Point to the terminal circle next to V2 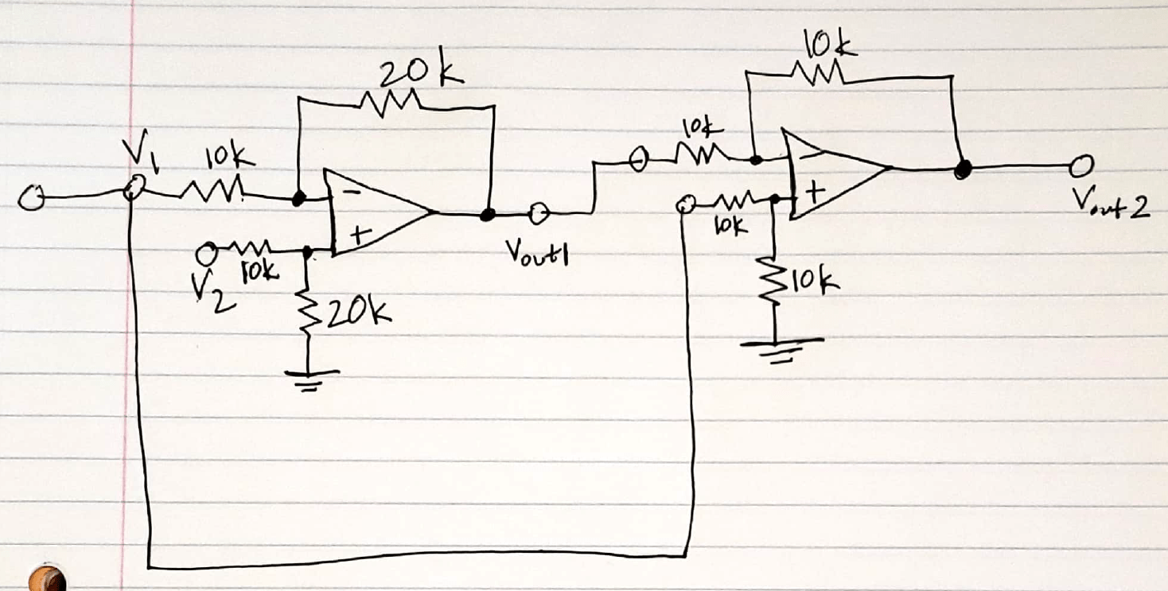coord(208,254)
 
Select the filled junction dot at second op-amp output coord(964,169)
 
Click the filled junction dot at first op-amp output coord(488,214)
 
